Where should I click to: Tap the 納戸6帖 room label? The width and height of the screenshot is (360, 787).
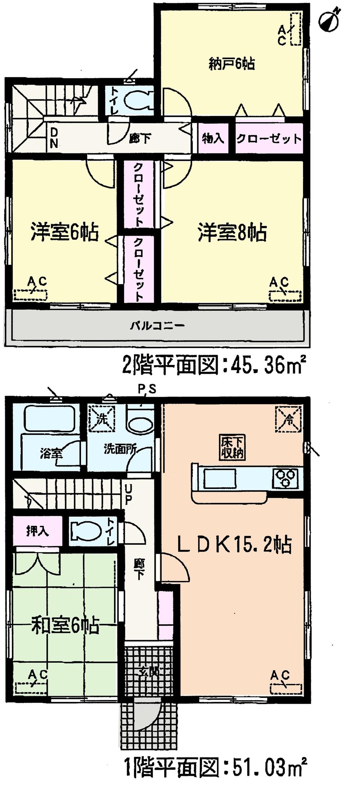coord(231,64)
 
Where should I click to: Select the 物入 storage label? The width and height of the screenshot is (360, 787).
coord(213,138)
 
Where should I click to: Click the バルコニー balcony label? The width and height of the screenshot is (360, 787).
coord(157,326)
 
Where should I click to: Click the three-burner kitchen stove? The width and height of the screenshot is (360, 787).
coord(287,478)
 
